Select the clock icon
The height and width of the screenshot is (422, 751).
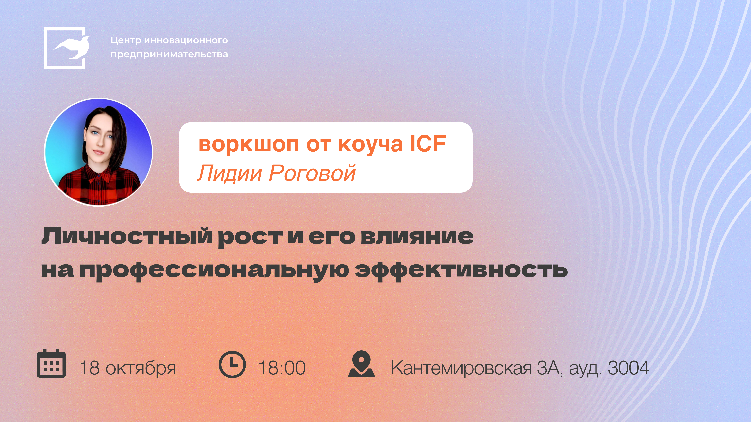(232, 365)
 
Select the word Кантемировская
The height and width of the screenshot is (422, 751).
(461, 368)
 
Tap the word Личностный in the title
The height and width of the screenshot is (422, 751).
(127, 236)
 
